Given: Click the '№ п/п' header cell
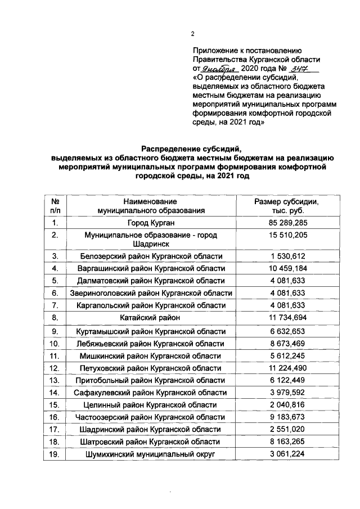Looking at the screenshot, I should click(x=56, y=206).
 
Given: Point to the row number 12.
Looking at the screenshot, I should click(x=56, y=368).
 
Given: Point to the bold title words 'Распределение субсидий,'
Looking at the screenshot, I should click(x=191, y=149).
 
